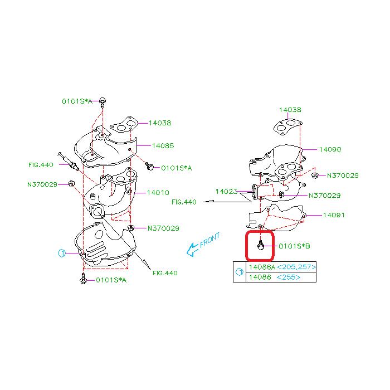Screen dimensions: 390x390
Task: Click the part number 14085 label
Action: click(x=163, y=145)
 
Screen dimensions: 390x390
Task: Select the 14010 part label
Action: click(x=158, y=193)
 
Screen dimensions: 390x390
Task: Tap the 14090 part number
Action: click(x=330, y=149)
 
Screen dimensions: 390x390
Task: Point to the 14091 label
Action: click(x=334, y=215)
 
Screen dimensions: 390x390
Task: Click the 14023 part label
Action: click(x=226, y=191)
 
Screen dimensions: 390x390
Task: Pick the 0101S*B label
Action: click(x=294, y=246)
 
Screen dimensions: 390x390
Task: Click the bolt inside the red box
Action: click(x=260, y=245)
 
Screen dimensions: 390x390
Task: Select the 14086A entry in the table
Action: click(x=262, y=267)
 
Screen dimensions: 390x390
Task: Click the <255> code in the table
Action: click(x=288, y=277)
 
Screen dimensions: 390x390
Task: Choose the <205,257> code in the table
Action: click(x=296, y=267)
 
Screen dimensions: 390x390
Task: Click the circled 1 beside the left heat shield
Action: click(x=62, y=253)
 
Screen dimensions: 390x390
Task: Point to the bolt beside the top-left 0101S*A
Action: click(x=103, y=102)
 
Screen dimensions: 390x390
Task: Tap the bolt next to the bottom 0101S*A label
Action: click(x=84, y=279)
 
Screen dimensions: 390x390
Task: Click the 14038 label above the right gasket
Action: click(x=290, y=110)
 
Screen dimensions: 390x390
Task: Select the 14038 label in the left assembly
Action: click(x=160, y=123)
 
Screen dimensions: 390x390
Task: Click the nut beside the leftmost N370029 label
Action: click(x=71, y=184)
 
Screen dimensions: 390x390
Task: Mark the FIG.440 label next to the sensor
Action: click(x=41, y=165)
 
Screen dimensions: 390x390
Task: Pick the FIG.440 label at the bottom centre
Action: click(x=165, y=273)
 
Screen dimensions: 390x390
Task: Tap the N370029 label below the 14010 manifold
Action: click(x=163, y=228)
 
